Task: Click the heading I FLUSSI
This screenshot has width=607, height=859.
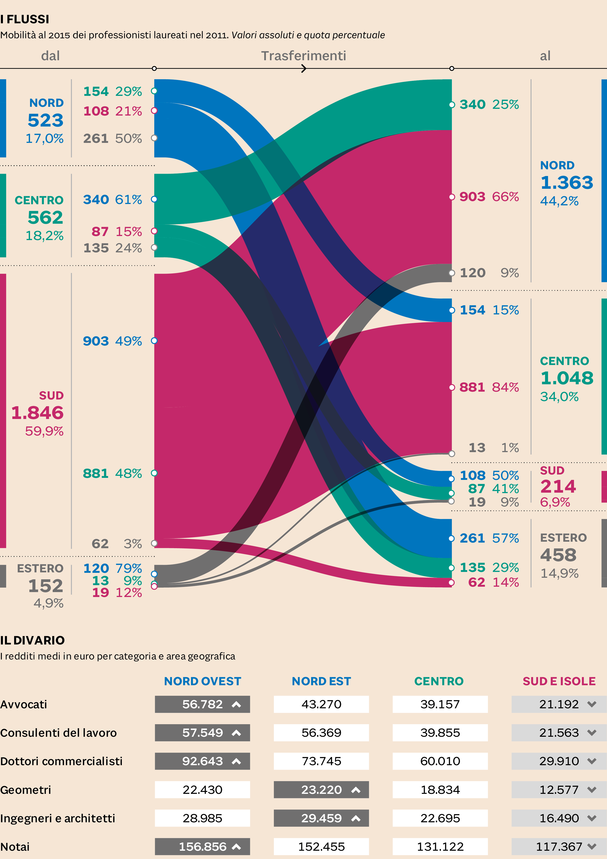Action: click(25, 19)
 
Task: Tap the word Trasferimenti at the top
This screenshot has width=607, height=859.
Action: click(303, 56)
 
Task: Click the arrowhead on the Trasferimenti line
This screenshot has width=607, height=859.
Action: click(304, 69)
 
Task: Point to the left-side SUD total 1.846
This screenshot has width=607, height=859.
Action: click(37, 413)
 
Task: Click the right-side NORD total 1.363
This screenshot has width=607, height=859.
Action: click(567, 183)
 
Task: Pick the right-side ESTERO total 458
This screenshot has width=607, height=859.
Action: click(558, 555)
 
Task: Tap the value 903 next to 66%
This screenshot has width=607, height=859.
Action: click(472, 197)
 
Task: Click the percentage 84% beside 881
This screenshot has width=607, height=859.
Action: click(505, 387)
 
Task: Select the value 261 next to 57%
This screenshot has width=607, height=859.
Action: click(472, 538)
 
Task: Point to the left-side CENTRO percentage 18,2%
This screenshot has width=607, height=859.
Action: click(44, 236)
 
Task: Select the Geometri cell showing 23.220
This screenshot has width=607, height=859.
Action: click(321, 790)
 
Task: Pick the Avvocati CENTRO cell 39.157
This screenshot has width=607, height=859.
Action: click(440, 704)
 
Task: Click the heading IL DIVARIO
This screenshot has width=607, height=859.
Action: click(33, 640)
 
